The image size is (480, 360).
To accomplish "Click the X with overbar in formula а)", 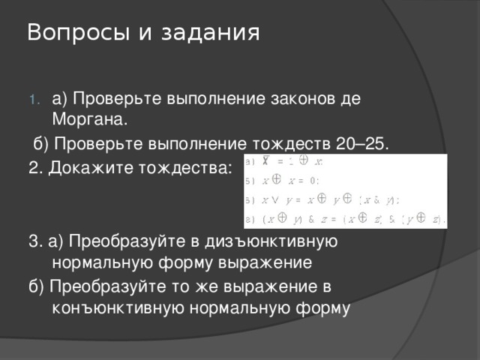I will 265,161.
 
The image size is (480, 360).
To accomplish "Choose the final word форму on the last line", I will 322,307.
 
